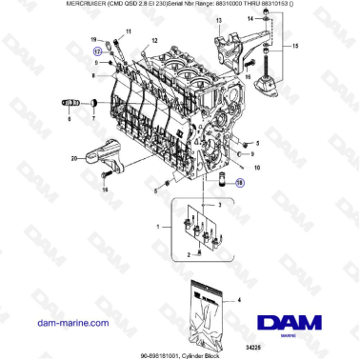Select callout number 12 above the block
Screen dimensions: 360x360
coord(153,43)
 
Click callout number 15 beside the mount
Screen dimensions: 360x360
coord(295,46)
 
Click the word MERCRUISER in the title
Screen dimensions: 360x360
coord(30,5)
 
